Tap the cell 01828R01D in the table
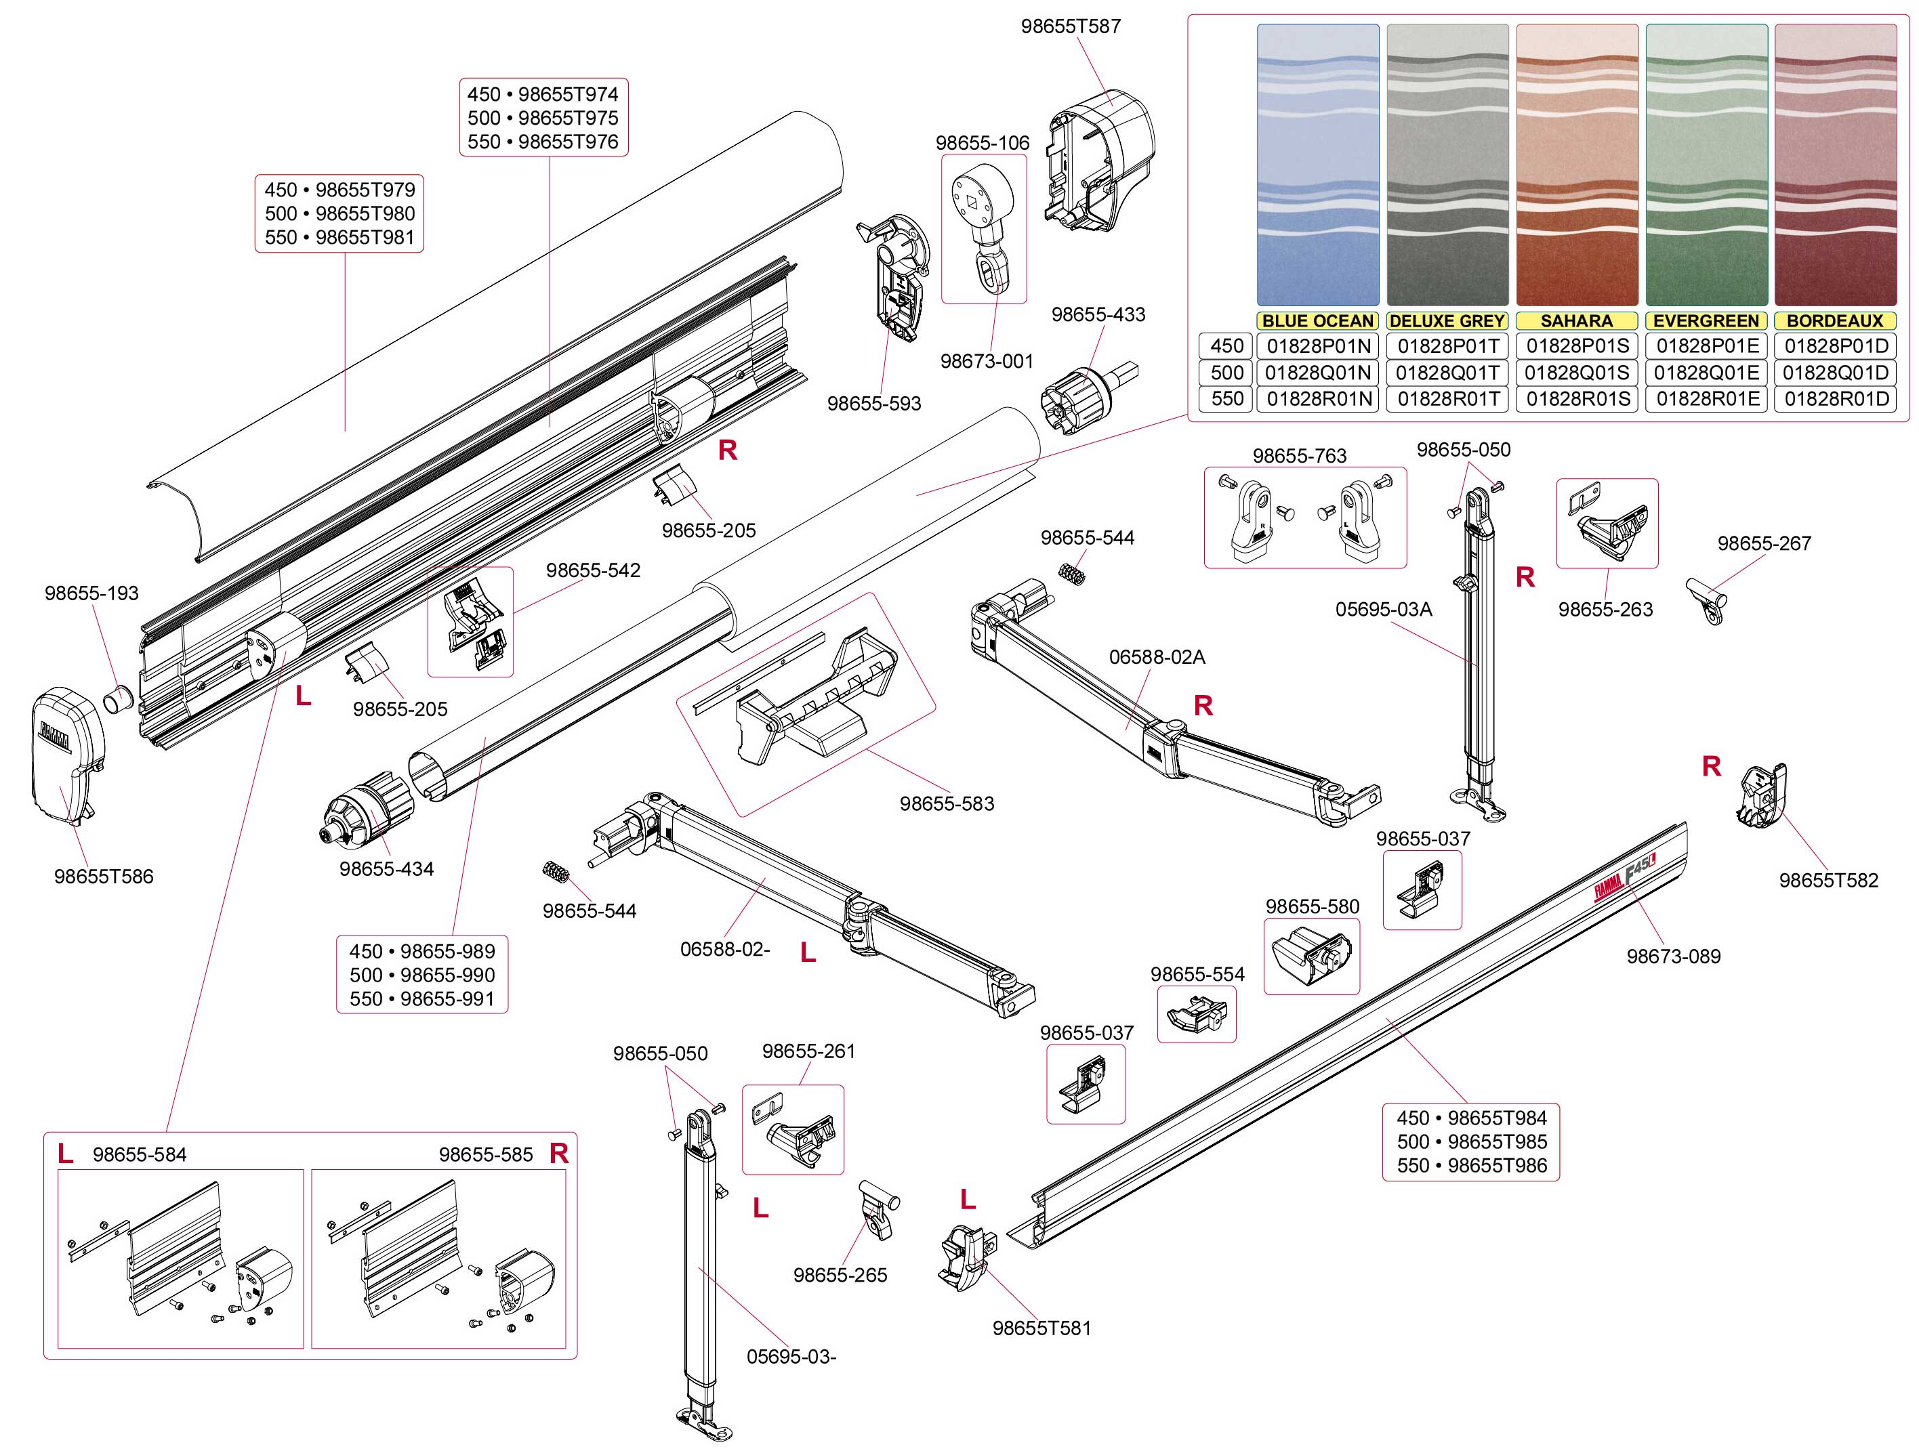[x=1836, y=399]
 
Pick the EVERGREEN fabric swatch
[x=1706, y=165]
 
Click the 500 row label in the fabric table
[x=1226, y=373]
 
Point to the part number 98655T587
[x=1071, y=27]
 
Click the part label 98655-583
[x=947, y=804]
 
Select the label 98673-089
[x=1674, y=956]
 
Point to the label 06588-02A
[x=1157, y=657]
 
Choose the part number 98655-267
[x=1765, y=544]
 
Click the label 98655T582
[x=1829, y=881]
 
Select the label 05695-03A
[x=1384, y=610]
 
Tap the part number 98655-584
[x=140, y=1155]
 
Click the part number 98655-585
[x=485, y=1155]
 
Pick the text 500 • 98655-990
[x=423, y=975]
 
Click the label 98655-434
[x=386, y=869]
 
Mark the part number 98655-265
[x=840, y=1276]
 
